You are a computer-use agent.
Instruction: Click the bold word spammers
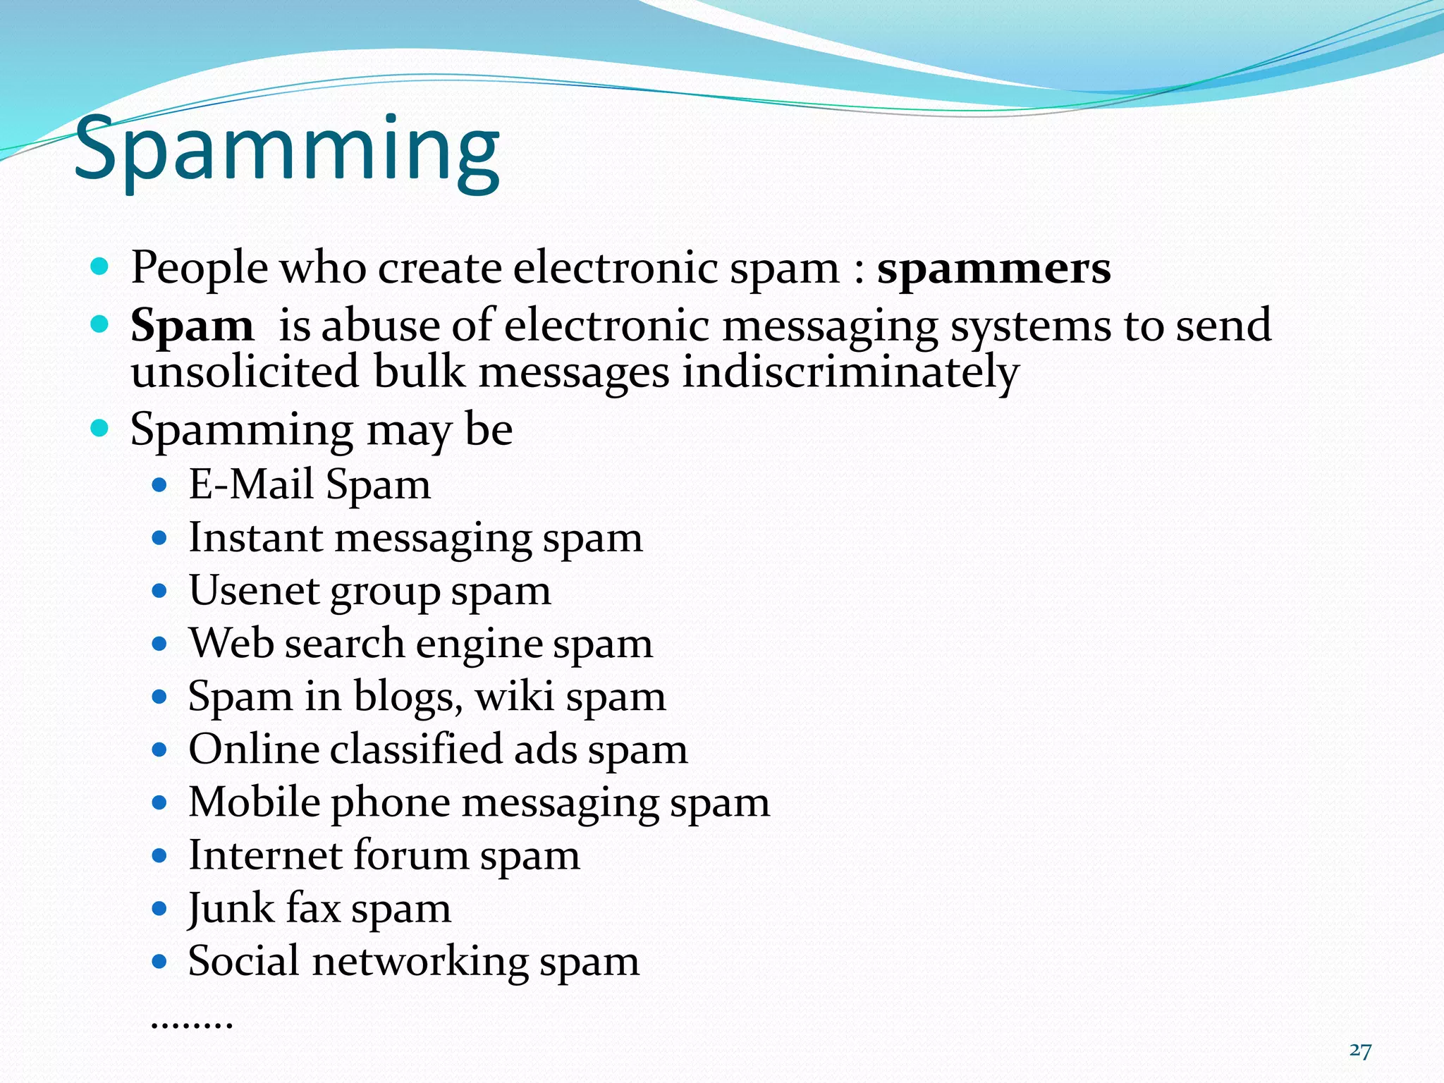(993, 269)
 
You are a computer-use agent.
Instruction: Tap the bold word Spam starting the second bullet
(192, 326)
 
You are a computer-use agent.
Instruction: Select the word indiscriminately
(850, 372)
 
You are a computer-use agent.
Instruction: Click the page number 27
(1360, 1051)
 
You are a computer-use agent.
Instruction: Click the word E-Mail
(251, 484)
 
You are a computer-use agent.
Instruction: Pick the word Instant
(255, 537)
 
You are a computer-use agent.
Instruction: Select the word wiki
(514, 696)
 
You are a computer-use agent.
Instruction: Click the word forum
(410, 855)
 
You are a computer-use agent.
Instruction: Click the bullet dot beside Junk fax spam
(160, 908)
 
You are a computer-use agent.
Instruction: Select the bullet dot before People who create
(100, 267)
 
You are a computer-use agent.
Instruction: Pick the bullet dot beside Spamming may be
(100, 428)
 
